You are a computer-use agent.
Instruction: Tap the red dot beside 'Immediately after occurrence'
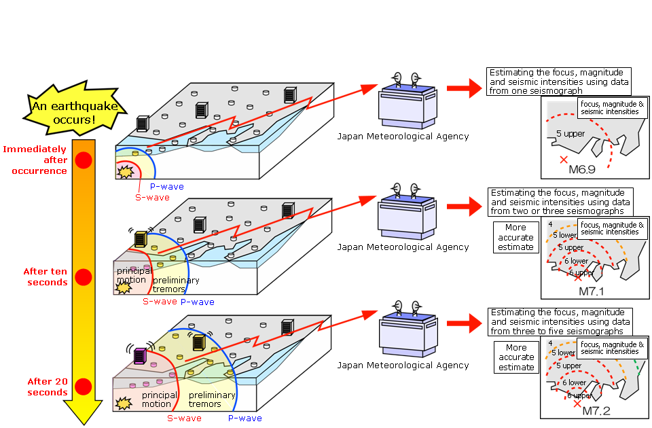tap(84, 160)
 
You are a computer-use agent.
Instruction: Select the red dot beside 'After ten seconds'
tap(84, 277)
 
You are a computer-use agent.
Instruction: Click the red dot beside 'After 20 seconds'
tap(84, 387)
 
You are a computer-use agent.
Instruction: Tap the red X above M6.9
tap(563, 160)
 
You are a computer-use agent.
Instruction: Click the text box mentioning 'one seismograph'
tap(559, 81)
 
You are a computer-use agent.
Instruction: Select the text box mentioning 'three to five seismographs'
tap(559, 321)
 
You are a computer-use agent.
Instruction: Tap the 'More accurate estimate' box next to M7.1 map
tap(515, 237)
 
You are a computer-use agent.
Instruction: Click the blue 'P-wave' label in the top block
tap(166, 186)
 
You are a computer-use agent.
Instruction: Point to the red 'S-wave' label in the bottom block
tap(184, 418)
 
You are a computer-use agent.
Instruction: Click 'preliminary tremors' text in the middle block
tap(176, 284)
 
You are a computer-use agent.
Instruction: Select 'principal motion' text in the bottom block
tap(159, 399)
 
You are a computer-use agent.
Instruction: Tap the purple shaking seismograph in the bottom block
tap(140, 355)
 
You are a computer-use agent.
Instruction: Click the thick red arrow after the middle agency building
tap(463, 203)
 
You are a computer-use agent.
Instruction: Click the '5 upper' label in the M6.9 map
tap(570, 133)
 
